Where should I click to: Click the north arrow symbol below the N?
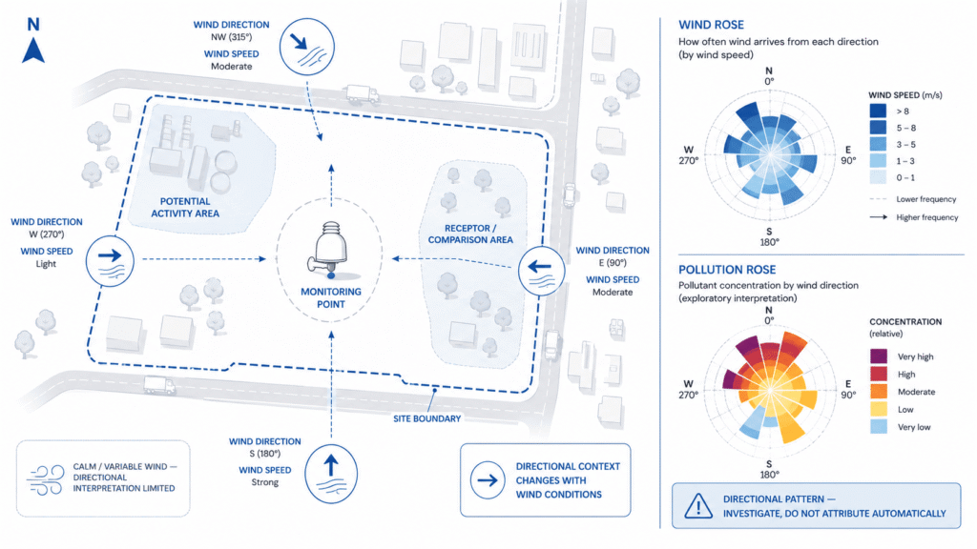click(33, 51)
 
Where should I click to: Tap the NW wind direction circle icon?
click(306, 47)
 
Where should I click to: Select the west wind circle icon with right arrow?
click(111, 261)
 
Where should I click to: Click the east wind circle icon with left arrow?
click(542, 271)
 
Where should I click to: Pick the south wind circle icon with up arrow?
click(331, 474)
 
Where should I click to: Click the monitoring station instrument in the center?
click(330, 250)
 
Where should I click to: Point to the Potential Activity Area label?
click(185, 207)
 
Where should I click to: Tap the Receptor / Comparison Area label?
click(470, 234)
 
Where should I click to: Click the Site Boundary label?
click(426, 419)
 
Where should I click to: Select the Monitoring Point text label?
click(331, 297)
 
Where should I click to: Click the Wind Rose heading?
click(711, 25)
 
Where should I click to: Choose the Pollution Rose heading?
click(727, 270)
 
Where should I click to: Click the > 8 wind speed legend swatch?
click(878, 111)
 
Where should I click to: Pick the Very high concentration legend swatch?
click(879, 356)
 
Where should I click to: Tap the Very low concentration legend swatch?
click(879, 427)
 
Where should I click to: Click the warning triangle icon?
click(698, 505)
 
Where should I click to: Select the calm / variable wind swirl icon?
click(46, 479)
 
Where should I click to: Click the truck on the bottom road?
click(159, 385)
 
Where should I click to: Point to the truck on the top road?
click(362, 93)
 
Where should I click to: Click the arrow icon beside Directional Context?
click(488, 480)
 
